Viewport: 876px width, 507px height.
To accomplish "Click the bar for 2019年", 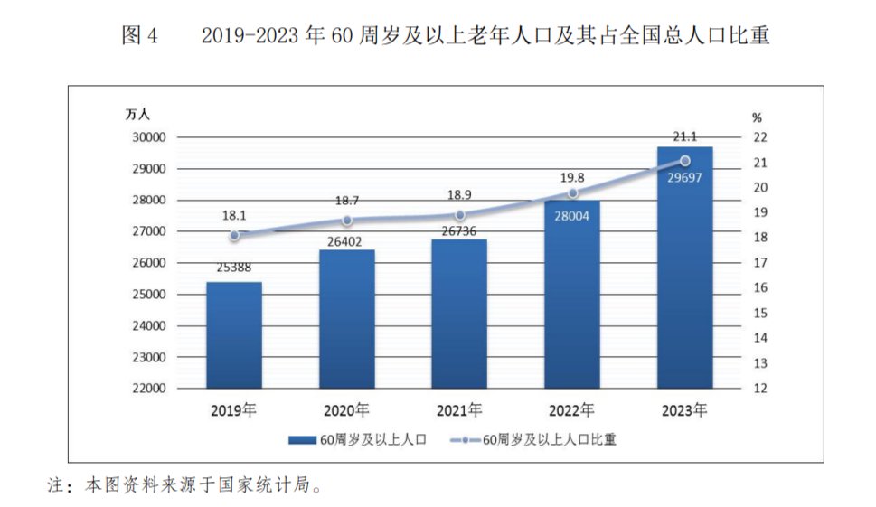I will (234, 335).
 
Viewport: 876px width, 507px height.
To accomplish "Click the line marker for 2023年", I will (685, 161).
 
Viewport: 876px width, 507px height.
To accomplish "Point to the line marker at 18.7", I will (347, 221).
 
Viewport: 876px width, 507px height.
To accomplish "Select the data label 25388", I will (234, 268).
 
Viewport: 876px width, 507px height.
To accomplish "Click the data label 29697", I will (684, 177).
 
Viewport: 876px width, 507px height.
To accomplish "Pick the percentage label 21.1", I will (684, 136).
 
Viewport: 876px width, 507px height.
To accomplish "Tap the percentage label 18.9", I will (459, 195).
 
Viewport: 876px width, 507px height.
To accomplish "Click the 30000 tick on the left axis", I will (149, 137).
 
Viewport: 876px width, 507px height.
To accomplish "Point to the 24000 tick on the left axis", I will (149, 325).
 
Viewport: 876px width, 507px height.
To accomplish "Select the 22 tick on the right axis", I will (759, 137).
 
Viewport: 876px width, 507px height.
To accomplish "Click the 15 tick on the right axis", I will (759, 313).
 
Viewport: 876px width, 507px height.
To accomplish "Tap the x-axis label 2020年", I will (347, 409).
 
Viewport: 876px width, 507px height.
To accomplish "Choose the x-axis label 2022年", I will (572, 409).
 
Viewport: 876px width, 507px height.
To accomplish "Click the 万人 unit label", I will (138, 115).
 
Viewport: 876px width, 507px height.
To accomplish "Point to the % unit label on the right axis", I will (758, 117).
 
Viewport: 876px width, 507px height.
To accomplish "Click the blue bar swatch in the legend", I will (302, 440).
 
